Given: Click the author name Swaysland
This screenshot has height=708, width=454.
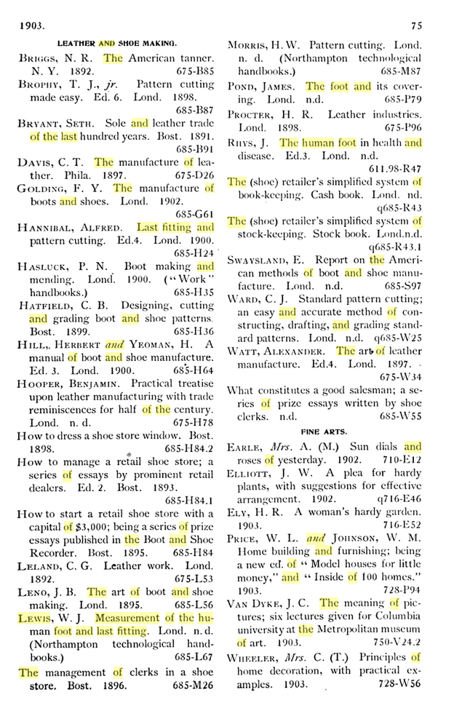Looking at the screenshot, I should coord(260,260).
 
